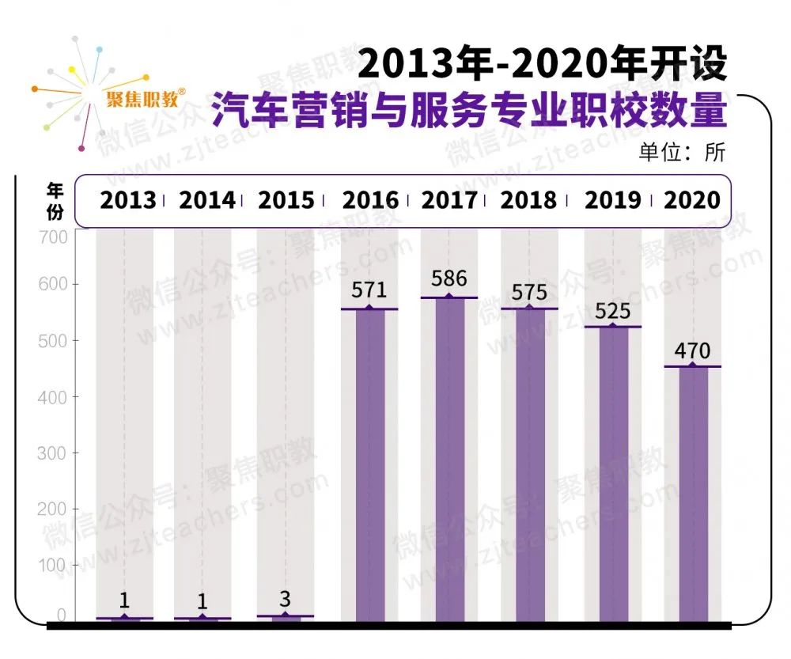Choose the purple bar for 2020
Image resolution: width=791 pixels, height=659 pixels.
click(x=692, y=494)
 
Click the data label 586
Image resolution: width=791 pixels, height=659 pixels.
click(x=449, y=279)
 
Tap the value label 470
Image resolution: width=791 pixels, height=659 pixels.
click(x=692, y=350)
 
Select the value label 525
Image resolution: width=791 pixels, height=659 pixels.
click(x=612, y=311)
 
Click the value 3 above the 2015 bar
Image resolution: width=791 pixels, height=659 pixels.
click(x=286, y=599)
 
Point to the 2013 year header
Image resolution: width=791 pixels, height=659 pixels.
click(x=127, y=200)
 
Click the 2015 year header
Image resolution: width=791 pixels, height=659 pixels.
click(x=286, y=200)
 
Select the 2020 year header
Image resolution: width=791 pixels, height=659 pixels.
click(x=692, y=200)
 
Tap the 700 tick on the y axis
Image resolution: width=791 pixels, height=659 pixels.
click(x=54, y=237)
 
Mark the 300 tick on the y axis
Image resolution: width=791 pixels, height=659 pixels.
click(x=54, y=453)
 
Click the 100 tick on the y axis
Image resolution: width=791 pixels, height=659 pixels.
click(x=54, y=566)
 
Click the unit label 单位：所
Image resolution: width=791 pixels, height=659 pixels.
click(x=682, y=152)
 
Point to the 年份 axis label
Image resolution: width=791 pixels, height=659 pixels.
click(x=55, y=201)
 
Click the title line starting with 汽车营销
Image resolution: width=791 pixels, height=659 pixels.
click(x=468, y=112)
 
